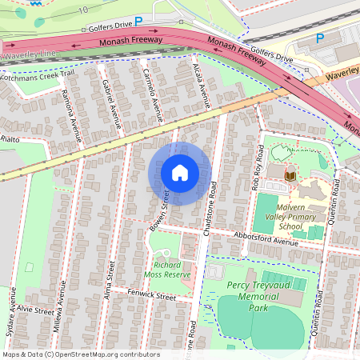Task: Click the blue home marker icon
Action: coord(180,173)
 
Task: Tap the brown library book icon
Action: coord(291,174)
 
